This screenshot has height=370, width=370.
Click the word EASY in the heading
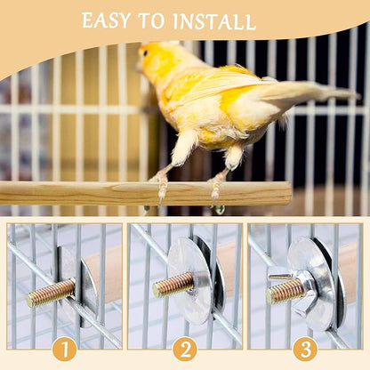[105, 20]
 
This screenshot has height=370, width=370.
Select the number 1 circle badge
[64, 349]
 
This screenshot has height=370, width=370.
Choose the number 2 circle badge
[185, 349]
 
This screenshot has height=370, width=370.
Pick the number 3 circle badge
[305, 349]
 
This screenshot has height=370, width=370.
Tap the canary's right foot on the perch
[216, 186]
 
